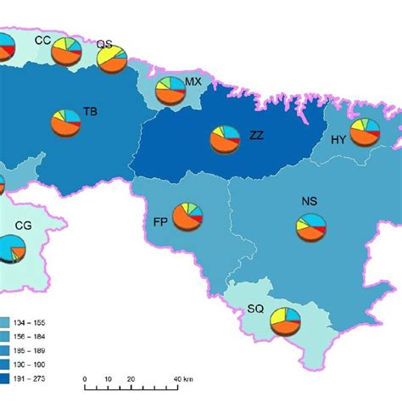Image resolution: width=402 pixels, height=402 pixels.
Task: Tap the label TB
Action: point(90,111)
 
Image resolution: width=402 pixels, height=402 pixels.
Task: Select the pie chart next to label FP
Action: point(187,217)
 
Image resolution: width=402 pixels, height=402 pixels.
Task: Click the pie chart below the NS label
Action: point(310,226)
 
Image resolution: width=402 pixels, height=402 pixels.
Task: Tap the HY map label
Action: point(338,140)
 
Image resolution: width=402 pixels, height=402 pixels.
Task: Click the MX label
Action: point(193,81)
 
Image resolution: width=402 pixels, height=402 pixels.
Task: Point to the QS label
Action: point(104,43)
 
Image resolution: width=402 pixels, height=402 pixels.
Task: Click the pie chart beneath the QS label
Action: point(111,59)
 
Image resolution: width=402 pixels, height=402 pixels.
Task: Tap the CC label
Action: point(42,39)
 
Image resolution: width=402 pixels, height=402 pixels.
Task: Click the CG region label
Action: point(23,226)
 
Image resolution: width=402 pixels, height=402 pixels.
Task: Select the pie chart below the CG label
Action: point(13,248)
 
